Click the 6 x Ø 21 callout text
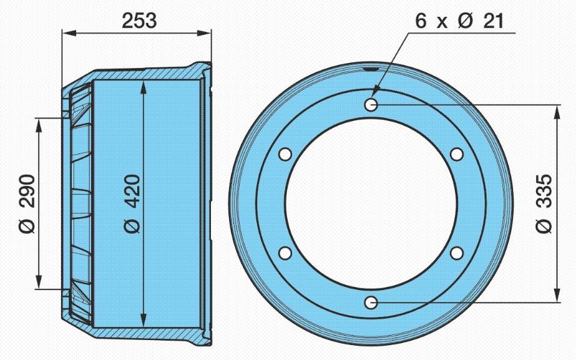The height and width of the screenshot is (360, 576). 459,21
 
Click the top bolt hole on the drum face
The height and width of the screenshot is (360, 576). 371,105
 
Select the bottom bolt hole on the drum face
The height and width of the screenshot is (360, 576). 371,303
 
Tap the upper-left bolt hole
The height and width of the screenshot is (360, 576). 285,154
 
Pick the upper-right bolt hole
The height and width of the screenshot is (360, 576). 457,154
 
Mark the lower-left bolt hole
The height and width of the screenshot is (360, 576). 285,253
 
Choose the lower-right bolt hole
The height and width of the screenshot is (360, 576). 457,253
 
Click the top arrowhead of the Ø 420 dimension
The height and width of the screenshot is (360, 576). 144,87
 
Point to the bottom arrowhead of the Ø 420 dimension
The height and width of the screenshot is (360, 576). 144,321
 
